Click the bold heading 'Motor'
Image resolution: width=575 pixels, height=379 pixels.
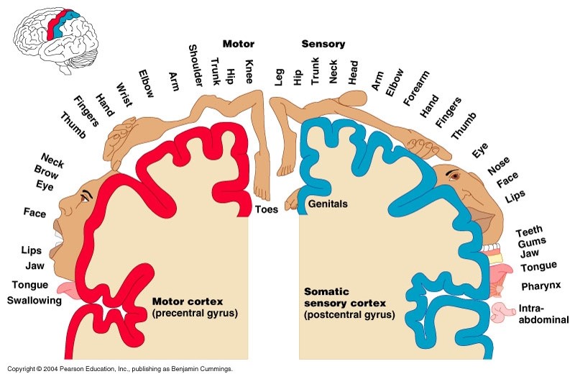point(239,44)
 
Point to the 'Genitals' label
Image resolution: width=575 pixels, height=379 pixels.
point(328,204)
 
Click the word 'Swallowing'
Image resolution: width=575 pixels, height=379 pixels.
point(34,301)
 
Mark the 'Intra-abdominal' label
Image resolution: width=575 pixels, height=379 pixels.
point(543,314)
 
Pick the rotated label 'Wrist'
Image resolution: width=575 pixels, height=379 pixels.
point(122,92)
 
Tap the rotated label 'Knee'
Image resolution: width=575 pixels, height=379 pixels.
point(249,72)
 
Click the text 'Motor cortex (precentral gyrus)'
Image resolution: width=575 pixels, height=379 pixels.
point(195,307)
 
